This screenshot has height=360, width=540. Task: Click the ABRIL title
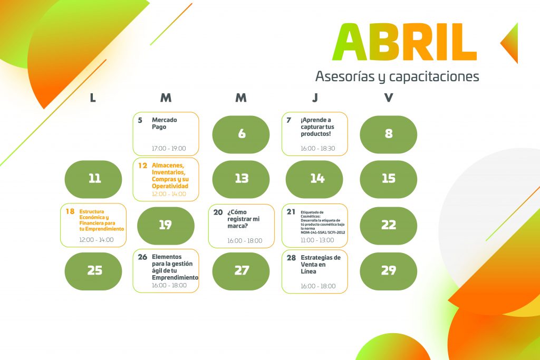click(404, 42)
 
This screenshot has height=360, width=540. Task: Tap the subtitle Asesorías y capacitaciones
click(397, 76)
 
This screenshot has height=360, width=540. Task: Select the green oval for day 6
click(241, 134)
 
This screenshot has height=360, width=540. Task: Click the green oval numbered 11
click(93, 179)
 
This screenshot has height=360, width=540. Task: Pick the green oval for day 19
click(166, 226)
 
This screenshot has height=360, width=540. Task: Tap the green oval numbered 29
click(389, 271)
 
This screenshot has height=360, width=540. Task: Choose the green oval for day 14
click(314, 179)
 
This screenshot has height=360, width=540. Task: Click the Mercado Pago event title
click(165, 123)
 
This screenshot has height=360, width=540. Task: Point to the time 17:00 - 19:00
click(169, 148)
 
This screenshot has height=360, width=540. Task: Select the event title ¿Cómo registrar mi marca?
click(244, 219)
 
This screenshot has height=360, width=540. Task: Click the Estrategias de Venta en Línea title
click(321, 264)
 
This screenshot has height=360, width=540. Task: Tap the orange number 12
click(142, 166)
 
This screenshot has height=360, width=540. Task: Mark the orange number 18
click(70, 211)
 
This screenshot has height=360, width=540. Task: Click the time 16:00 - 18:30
click(318, 148)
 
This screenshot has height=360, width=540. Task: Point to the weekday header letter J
click(315, 98)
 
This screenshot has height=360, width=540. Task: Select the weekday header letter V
click(389, 98)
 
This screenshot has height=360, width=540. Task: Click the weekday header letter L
click(93, 98)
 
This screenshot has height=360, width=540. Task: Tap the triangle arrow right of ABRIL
click(509, 43)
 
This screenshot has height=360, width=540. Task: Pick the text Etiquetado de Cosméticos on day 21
click(312, 215)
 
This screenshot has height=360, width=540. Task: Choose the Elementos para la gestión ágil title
click(175, 267)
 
